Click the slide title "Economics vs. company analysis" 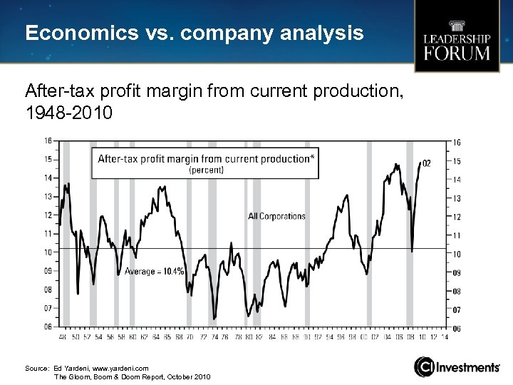(x=194, y=34)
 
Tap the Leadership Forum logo (x=457, y=45)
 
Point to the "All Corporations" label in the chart (x=276, y=216)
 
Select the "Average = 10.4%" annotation (x=155, y=271)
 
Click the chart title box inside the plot (x=205, y=163)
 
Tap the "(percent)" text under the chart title (x=206, y=170)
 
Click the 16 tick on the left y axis (x=48, y=140)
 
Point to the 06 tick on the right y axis (x=456, y=329)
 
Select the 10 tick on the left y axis (x=48, y=252)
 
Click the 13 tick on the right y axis (x=456, y=198)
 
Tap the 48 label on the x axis (x=62, y=337)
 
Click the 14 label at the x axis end (x=445, y=337)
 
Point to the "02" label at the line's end (x=426, y=164)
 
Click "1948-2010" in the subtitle (x=68, y=112)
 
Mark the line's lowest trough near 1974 (x=214, y=319)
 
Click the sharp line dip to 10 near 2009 (x=412, y=251)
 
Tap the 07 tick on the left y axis (x=48, y=308)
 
